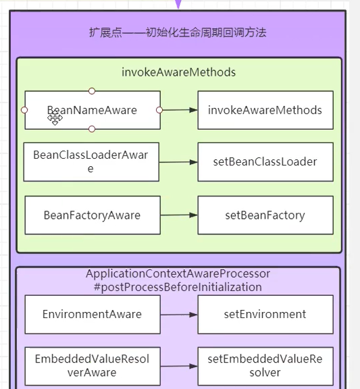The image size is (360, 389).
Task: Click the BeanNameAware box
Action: click(x=101, y=110)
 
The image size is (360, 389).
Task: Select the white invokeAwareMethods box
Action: click(x=265, y=110)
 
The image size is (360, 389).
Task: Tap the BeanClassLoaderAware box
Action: click(x=91, y=161)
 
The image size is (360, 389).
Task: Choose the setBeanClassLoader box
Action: click(x=265, y=161)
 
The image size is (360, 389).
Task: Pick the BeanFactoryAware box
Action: click(x=92, y=215)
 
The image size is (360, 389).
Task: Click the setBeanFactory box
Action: click(x=265, y=215)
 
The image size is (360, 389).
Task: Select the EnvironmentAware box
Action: click(x=92, y=314)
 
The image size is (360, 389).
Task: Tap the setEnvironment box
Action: click(x=265, y=314)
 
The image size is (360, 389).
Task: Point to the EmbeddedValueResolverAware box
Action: click(x=92, y=366)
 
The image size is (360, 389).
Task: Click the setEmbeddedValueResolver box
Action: click(x=265, y=366)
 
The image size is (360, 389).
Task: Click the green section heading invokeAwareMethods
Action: click(x=178, y=72)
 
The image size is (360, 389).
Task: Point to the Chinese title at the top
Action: click(x=178, y=32)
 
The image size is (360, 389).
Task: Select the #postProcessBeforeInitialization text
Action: click(x=178, y=287)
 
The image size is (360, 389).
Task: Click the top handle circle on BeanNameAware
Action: click(x=92, y=90)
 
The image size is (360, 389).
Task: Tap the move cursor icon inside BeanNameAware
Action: click(x=55, y=119)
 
